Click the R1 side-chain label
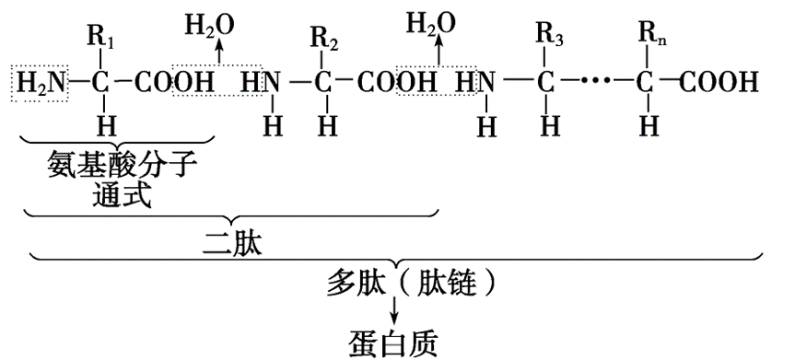pyautogui.click(x=106, y=40)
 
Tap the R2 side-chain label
pyautogui.click(x=322, y=40)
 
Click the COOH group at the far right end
pyautogui.click(x=720, y=83)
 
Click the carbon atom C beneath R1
pyautogui.click(x=104, y=83)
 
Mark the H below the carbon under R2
pyautogui.click(x=322, y=122)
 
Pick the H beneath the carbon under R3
pyautogui.click(x=549, y=122)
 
